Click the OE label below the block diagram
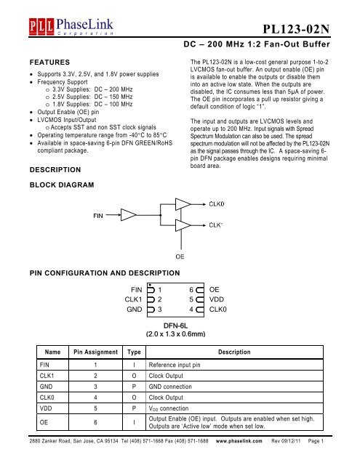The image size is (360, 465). point(179,256)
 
